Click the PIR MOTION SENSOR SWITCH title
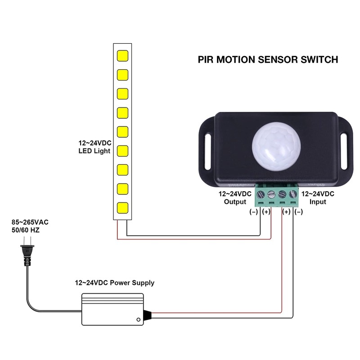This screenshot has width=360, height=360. [x=268, y=59]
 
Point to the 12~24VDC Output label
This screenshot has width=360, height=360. [x=234, y=198]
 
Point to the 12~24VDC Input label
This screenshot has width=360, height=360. [x=318, y=198]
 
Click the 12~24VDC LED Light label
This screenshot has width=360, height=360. [x=95, y=147]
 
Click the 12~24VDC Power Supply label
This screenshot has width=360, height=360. [x=114, y=283]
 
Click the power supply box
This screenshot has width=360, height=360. [x=112, y=309]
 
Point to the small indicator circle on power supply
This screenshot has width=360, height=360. [x=139, y=319]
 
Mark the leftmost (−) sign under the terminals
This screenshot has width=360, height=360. [x=253, y=212]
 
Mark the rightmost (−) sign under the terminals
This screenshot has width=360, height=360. [x=298, y=212]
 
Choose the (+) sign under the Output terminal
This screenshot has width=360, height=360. [x=266, y=212]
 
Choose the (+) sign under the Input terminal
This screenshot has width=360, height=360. [x=286, y=212]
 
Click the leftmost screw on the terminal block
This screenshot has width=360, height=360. [x=260, y=195]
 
